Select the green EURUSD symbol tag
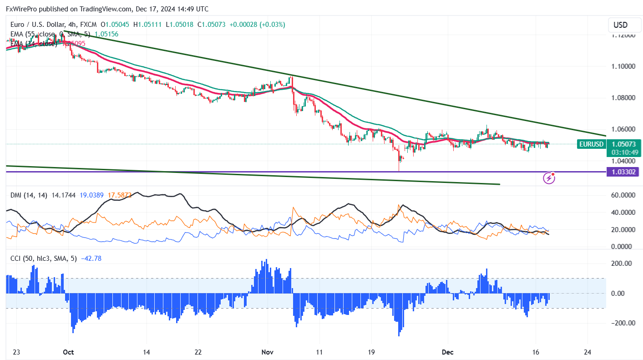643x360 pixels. point(591,144)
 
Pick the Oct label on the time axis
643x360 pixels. point(68,351)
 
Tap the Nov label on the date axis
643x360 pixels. point(267,351)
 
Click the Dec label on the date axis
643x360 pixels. point(447,351)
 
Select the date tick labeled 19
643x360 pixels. point(371,351)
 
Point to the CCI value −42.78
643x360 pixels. point(91,259)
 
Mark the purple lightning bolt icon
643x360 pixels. point(549,178)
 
